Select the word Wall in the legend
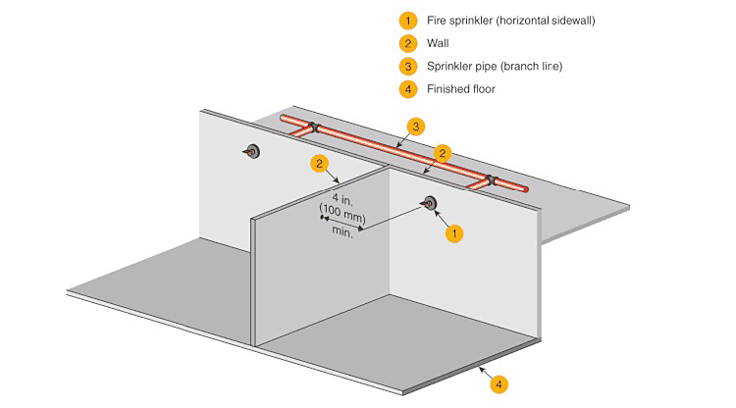point(438,43)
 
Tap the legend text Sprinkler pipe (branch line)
point(494,66)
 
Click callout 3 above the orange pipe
point(417,127)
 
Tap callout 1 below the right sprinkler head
point(453,233)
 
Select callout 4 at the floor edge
point(499,384)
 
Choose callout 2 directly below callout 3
point(444,153)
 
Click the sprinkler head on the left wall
point(252,151)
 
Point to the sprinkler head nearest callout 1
point(429,204)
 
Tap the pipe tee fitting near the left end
point(313,127)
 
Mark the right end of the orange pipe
point(524,189)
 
